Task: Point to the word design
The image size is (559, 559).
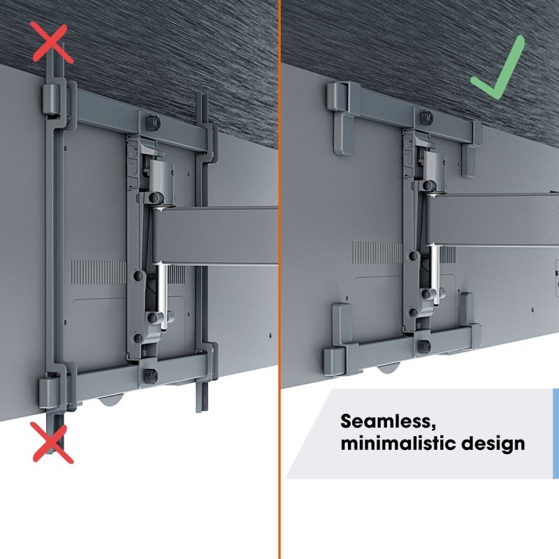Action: click(495, 444)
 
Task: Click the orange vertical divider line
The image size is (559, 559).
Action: click(281, 279)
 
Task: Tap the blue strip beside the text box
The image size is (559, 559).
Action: click(556, 433)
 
